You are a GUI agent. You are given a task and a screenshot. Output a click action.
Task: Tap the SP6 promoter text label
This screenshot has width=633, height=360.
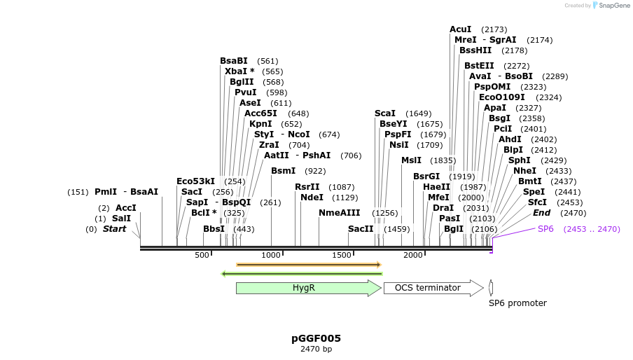click(x=517, y=303)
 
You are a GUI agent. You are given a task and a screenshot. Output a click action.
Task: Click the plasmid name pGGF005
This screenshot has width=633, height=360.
click(x=316, y=338)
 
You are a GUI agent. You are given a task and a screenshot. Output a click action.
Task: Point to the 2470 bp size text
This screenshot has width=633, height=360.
click(x=316, y=349)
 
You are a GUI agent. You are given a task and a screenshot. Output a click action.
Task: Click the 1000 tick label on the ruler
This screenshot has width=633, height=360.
click(x=271, y=255)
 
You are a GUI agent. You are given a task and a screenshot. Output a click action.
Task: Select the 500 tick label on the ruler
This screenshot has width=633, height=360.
click(x=202, y=255)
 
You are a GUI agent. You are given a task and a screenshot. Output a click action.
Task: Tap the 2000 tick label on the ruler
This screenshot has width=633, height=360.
click(x=413, y=255)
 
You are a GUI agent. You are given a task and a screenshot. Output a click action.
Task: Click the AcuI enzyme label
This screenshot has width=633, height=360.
click(x=461, y=29)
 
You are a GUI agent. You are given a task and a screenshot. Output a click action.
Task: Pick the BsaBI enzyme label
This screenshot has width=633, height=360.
click(x=234, y=61)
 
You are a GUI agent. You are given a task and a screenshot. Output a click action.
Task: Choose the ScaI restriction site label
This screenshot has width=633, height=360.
click(x=385, y=113)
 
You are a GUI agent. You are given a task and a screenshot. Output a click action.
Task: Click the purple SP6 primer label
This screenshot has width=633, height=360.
click(x=545, y=229)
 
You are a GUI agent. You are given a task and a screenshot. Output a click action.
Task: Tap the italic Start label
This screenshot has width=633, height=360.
click(x=114, y=229)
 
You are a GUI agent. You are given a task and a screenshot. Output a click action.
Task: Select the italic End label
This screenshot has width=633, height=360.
click(x=541, y=213)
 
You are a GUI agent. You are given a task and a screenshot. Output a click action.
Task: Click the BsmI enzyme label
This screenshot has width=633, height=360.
click(x=283, y=171)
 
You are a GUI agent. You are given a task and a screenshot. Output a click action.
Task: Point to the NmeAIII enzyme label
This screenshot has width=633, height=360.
click(x=339, y=213)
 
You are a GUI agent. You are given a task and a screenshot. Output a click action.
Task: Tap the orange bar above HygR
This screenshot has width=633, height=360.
click(x=308, y=265)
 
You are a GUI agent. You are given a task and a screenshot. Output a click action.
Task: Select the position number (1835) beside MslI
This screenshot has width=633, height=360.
click(x=443, y=160)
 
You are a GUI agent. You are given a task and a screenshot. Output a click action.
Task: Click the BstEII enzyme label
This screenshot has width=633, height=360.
click(x=479, y=66)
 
